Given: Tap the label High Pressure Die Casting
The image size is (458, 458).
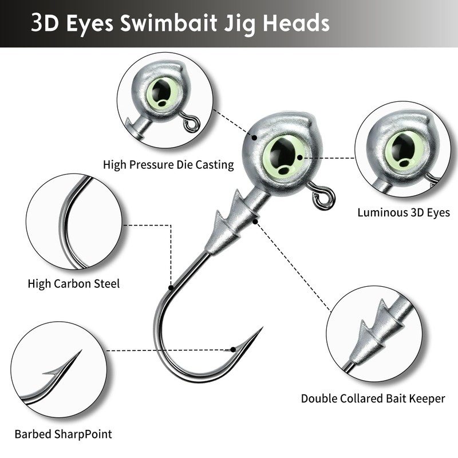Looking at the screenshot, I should point(168,165).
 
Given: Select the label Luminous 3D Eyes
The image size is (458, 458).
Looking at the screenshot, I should point(404,212).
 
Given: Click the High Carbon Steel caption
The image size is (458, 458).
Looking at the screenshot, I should point(74,283).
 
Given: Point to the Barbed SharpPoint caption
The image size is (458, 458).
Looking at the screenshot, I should point(63,434).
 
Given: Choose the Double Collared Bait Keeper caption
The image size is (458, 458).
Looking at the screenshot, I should point(373,398).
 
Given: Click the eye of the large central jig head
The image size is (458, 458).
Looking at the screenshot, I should point(283,154).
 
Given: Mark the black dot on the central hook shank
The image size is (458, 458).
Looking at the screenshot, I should point(171,286).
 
